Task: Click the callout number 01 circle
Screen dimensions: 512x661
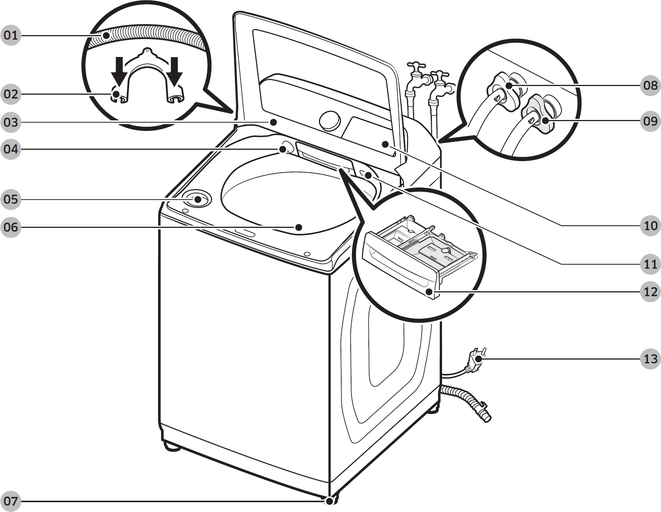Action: [11, 35]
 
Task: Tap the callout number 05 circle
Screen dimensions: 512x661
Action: [11, 199]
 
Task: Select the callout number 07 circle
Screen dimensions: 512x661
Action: [11, 501]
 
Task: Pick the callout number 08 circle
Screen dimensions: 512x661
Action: [650, 85]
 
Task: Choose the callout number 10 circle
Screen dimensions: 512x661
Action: [650, 226]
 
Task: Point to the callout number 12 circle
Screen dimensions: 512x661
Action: [650, 292]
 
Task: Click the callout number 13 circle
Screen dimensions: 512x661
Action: [650, 358]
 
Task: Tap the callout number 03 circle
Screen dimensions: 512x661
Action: [11, 122]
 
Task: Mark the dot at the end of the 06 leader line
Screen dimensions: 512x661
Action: [299, 227]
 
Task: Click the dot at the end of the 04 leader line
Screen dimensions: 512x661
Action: [282, 149]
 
